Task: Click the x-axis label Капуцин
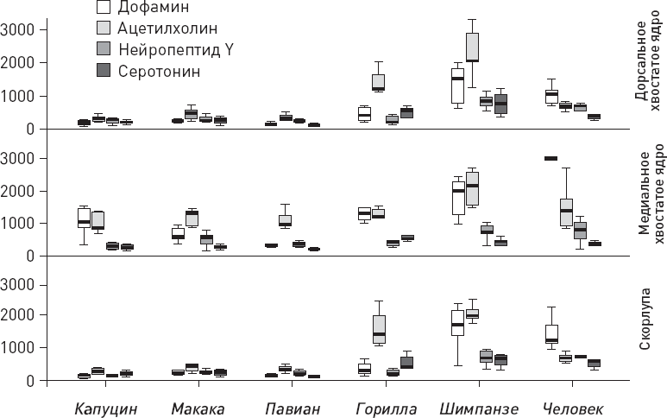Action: point(104,408)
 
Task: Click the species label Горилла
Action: point(387,408)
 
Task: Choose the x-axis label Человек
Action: point(569,408)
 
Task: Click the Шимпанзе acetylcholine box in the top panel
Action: point(472,47)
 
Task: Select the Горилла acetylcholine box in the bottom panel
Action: point(379,330)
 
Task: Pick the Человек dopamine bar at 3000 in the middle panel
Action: point(550,158)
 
